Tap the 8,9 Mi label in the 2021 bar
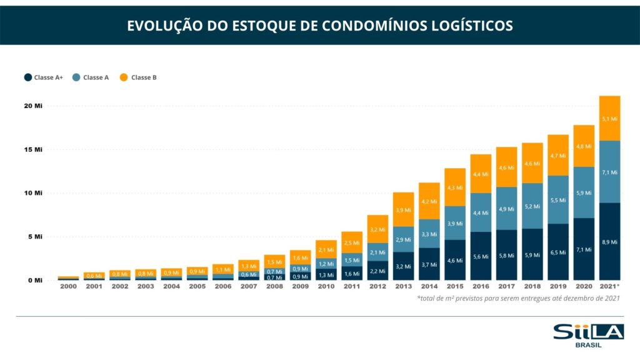tap(609, 241)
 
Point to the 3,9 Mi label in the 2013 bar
tap(403, 209)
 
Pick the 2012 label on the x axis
tap(377, 286)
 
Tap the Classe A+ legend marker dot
tap(28, 77)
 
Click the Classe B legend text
tap(144, 77)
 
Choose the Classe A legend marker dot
tap(76, 77)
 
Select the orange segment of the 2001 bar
tap(94, 275)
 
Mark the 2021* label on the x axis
tap(609, 286)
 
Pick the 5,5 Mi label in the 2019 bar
tap(558, 200)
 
